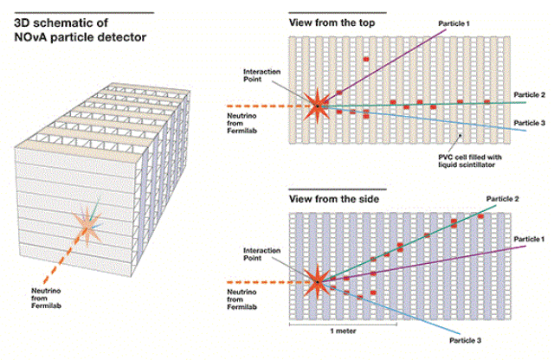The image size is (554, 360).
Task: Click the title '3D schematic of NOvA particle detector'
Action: click(x=80, y=30)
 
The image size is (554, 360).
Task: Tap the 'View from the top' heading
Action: click(x=332, y=23)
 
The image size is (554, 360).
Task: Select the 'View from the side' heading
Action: click(x=334, y=199)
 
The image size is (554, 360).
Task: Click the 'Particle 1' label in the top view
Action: click(x=454, y=23)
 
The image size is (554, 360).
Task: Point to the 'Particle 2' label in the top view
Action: click(x=529, y=94)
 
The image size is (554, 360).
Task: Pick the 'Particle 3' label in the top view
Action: click(x=529, y=123)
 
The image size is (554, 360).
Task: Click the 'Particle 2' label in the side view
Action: click(x=502, y=199)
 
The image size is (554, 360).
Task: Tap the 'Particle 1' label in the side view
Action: click(x=529, y=239)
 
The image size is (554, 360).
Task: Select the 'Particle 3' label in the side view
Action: click(x=465, y=340)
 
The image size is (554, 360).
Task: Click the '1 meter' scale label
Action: click(x=343, y=331)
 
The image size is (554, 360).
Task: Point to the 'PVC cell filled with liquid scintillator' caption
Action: click(x=469, y=161)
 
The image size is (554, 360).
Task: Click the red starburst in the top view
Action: click(x=318, y=106)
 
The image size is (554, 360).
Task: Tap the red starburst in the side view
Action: click(x=318, y=282)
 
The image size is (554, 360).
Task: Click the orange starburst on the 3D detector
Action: click(x=87, y=225)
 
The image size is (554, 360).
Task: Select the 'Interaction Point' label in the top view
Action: click(x=261, y=75)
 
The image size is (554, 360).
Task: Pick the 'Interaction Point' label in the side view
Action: click(x=261, y=254)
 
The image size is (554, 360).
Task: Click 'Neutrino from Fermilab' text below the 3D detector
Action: click(x=46, y=299)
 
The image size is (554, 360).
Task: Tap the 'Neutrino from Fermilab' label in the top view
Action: click(x=242, y=123)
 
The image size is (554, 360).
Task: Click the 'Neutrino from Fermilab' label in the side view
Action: click(x=242, y=299)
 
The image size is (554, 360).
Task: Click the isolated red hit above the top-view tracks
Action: click(x=366, y=59)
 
